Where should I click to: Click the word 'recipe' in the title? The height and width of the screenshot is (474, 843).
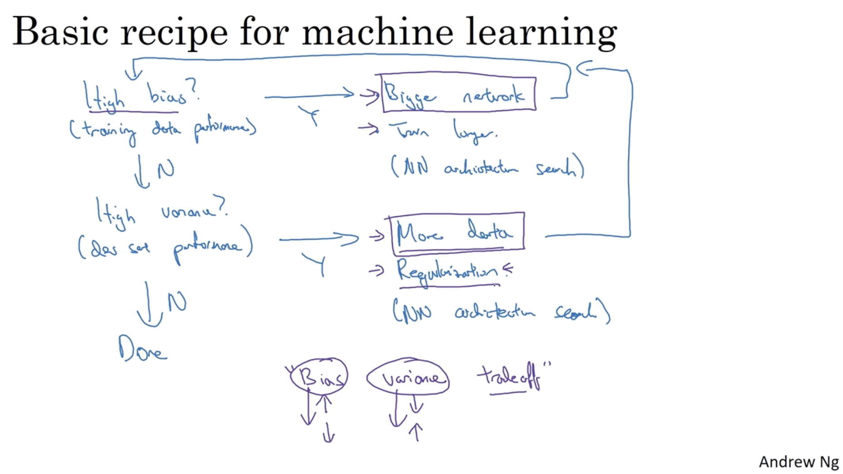[x=174, y=33]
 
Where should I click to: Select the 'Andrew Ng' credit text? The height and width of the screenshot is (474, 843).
[x=799, y=462]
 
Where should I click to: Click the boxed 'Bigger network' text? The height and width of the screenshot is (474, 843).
[x=458, y=94]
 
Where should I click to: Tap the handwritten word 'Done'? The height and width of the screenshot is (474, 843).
[x=142, y=350]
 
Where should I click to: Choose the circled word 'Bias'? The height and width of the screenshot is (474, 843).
[x=319, y=377]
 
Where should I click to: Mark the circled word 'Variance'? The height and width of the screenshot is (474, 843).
[x=408, y=378]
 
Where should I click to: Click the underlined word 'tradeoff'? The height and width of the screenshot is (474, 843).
[x=510, y=377]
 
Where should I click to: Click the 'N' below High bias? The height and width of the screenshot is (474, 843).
[x=166, y=170]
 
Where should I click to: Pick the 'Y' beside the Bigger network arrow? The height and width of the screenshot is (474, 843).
[x=309, y=116]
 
